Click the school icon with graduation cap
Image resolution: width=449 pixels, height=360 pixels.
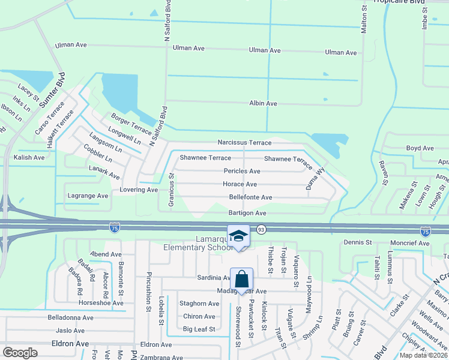pyautogui.click(x=238, y=236)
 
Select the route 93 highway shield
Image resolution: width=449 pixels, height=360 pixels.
pyautogui.click(x=261, y=229)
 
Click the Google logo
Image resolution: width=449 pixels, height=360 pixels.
pyautogui.click(x=20, y=352)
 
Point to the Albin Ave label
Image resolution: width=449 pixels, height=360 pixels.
pyautogui.click(x=263, y=103)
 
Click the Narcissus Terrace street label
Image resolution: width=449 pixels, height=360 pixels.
pyautogui.click(x=244, y=143)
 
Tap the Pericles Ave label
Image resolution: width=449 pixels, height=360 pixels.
pyautogui.click(x=241, y=171)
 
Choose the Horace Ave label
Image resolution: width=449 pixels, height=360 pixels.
pyautogui.click(x=240, y=184)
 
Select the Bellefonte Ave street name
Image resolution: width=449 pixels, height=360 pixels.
pyautogui.click(x=250, y=197)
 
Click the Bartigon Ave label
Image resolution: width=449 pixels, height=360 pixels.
pyautogui.click(x=247, y=213)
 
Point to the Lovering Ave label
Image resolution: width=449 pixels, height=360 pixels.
pyautogui.click(x=138, y=190)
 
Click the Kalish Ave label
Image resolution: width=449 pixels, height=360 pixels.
pyautogui.click(x=29, y=157)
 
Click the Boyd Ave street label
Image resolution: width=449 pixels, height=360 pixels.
pyautogui.click(x=420, y=148)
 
